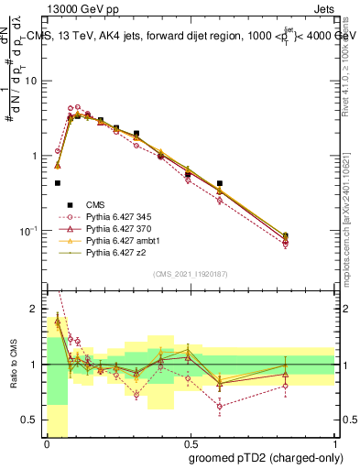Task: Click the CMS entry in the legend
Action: tap(96, 204)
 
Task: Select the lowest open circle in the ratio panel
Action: tap(220, 406)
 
